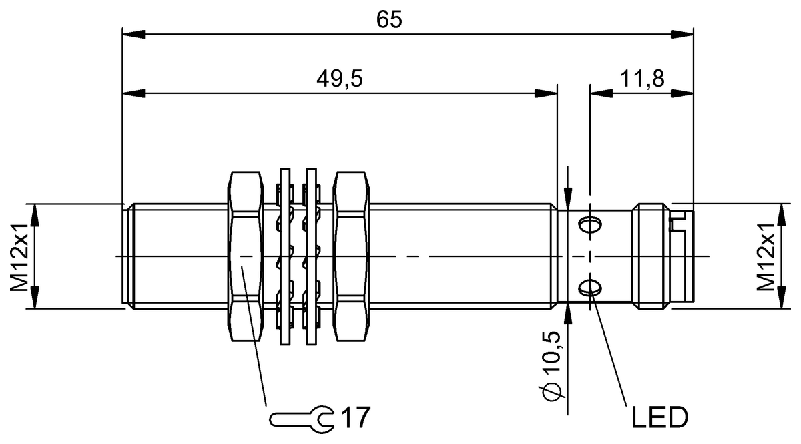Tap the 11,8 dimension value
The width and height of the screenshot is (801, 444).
pyautogui.click(x=641, y=79)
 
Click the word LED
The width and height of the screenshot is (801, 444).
pyautogui.click(x=659, y=419)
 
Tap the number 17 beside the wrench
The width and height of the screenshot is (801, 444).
pyautogui.click(x=355, y=419)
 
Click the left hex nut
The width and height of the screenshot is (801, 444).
pyautogui.click(x=245, y=256)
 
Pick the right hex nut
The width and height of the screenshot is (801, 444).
pyautogui.click(x=351, y=256)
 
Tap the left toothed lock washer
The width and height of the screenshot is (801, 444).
pyautogui.click(x=285, y=256)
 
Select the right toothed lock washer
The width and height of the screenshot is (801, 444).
pyautogui.click(x=311, y=256)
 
